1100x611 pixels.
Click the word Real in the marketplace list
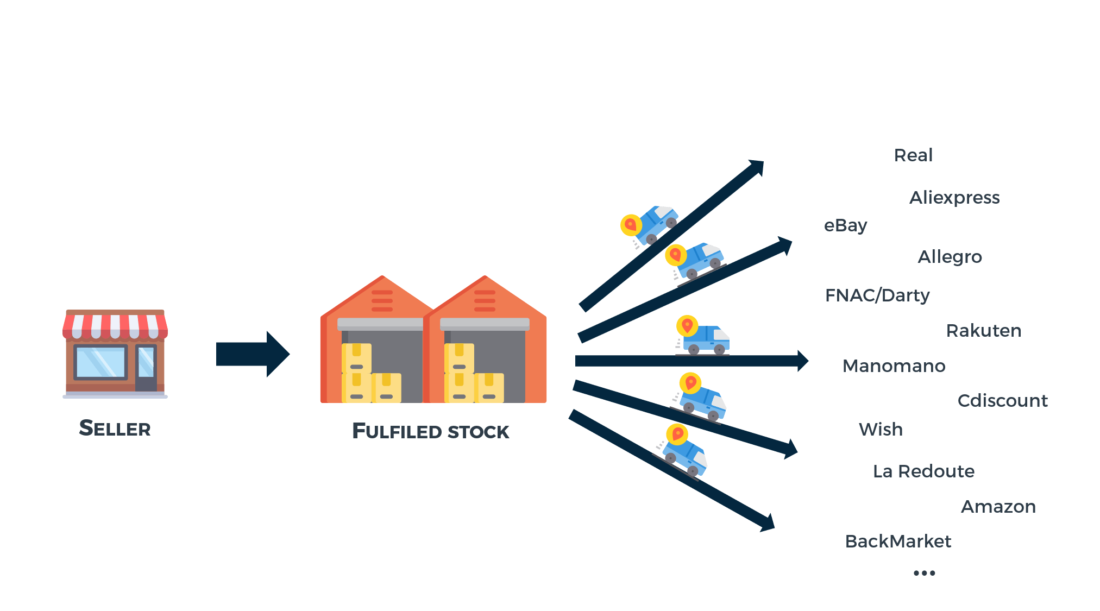coord(913,155)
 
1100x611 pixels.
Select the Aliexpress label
coord(954,198)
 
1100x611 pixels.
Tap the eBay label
coord(845,225)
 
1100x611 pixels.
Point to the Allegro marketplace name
coord(950,257)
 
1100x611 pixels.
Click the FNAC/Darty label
coord(877,295)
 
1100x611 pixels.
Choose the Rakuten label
coord(984,331)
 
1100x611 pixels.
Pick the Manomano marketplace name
coord(894,366)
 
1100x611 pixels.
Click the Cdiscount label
coord(1002,401)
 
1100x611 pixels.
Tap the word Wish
coord(881,430)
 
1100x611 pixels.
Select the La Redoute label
coord(923,471)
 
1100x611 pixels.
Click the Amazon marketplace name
coord(998,507)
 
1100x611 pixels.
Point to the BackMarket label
coord(898,541)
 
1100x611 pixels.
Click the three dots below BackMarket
coord(924,573)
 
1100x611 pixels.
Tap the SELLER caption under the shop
coord(115,429)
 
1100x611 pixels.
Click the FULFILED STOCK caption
coord(430,431)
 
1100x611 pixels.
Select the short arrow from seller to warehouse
coord(253,354)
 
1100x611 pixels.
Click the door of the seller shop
coord(146,368)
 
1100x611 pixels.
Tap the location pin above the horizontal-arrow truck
coord(687,326)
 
